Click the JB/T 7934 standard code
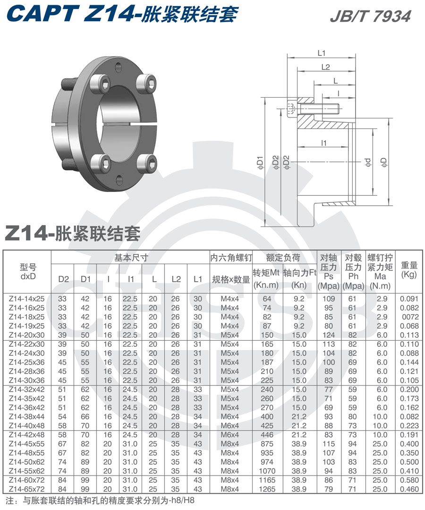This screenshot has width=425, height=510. [x=370, y=16]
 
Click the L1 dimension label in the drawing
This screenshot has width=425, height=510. [x=323, y=53]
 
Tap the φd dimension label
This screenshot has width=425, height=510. [x=368, y=162]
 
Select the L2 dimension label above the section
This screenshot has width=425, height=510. [x=325, y=67]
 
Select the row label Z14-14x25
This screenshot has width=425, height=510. [x=26, y=299]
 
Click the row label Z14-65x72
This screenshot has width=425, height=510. [x=26, y=489]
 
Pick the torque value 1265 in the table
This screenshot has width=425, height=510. [x=267, y=489]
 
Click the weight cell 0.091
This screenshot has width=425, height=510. [x=409, y=299]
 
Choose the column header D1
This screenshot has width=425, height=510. [x=85, y=279]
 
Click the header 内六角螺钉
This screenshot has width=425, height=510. [x=231, y=258]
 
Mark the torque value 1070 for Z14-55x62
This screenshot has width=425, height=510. [x=267, y=470]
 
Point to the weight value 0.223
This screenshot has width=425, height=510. [x=409, y=426]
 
